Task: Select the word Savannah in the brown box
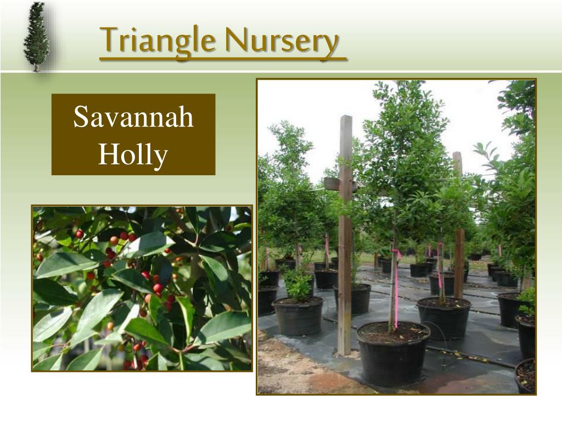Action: (x=133, y=117)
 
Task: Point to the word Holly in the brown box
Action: (x=133, y=154)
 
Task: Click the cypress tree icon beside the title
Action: (x=37, y=37)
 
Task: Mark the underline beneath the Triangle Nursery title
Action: (x=223, y=59)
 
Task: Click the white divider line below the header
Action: (x=281, y=71)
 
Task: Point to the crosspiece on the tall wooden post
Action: (x=335, y=184)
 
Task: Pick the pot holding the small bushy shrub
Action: (x=297, y=315)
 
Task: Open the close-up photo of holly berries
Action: (x=142, y=288)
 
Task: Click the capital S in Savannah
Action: (x=81, y=117)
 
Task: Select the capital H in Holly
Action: (x=106, y=154)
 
